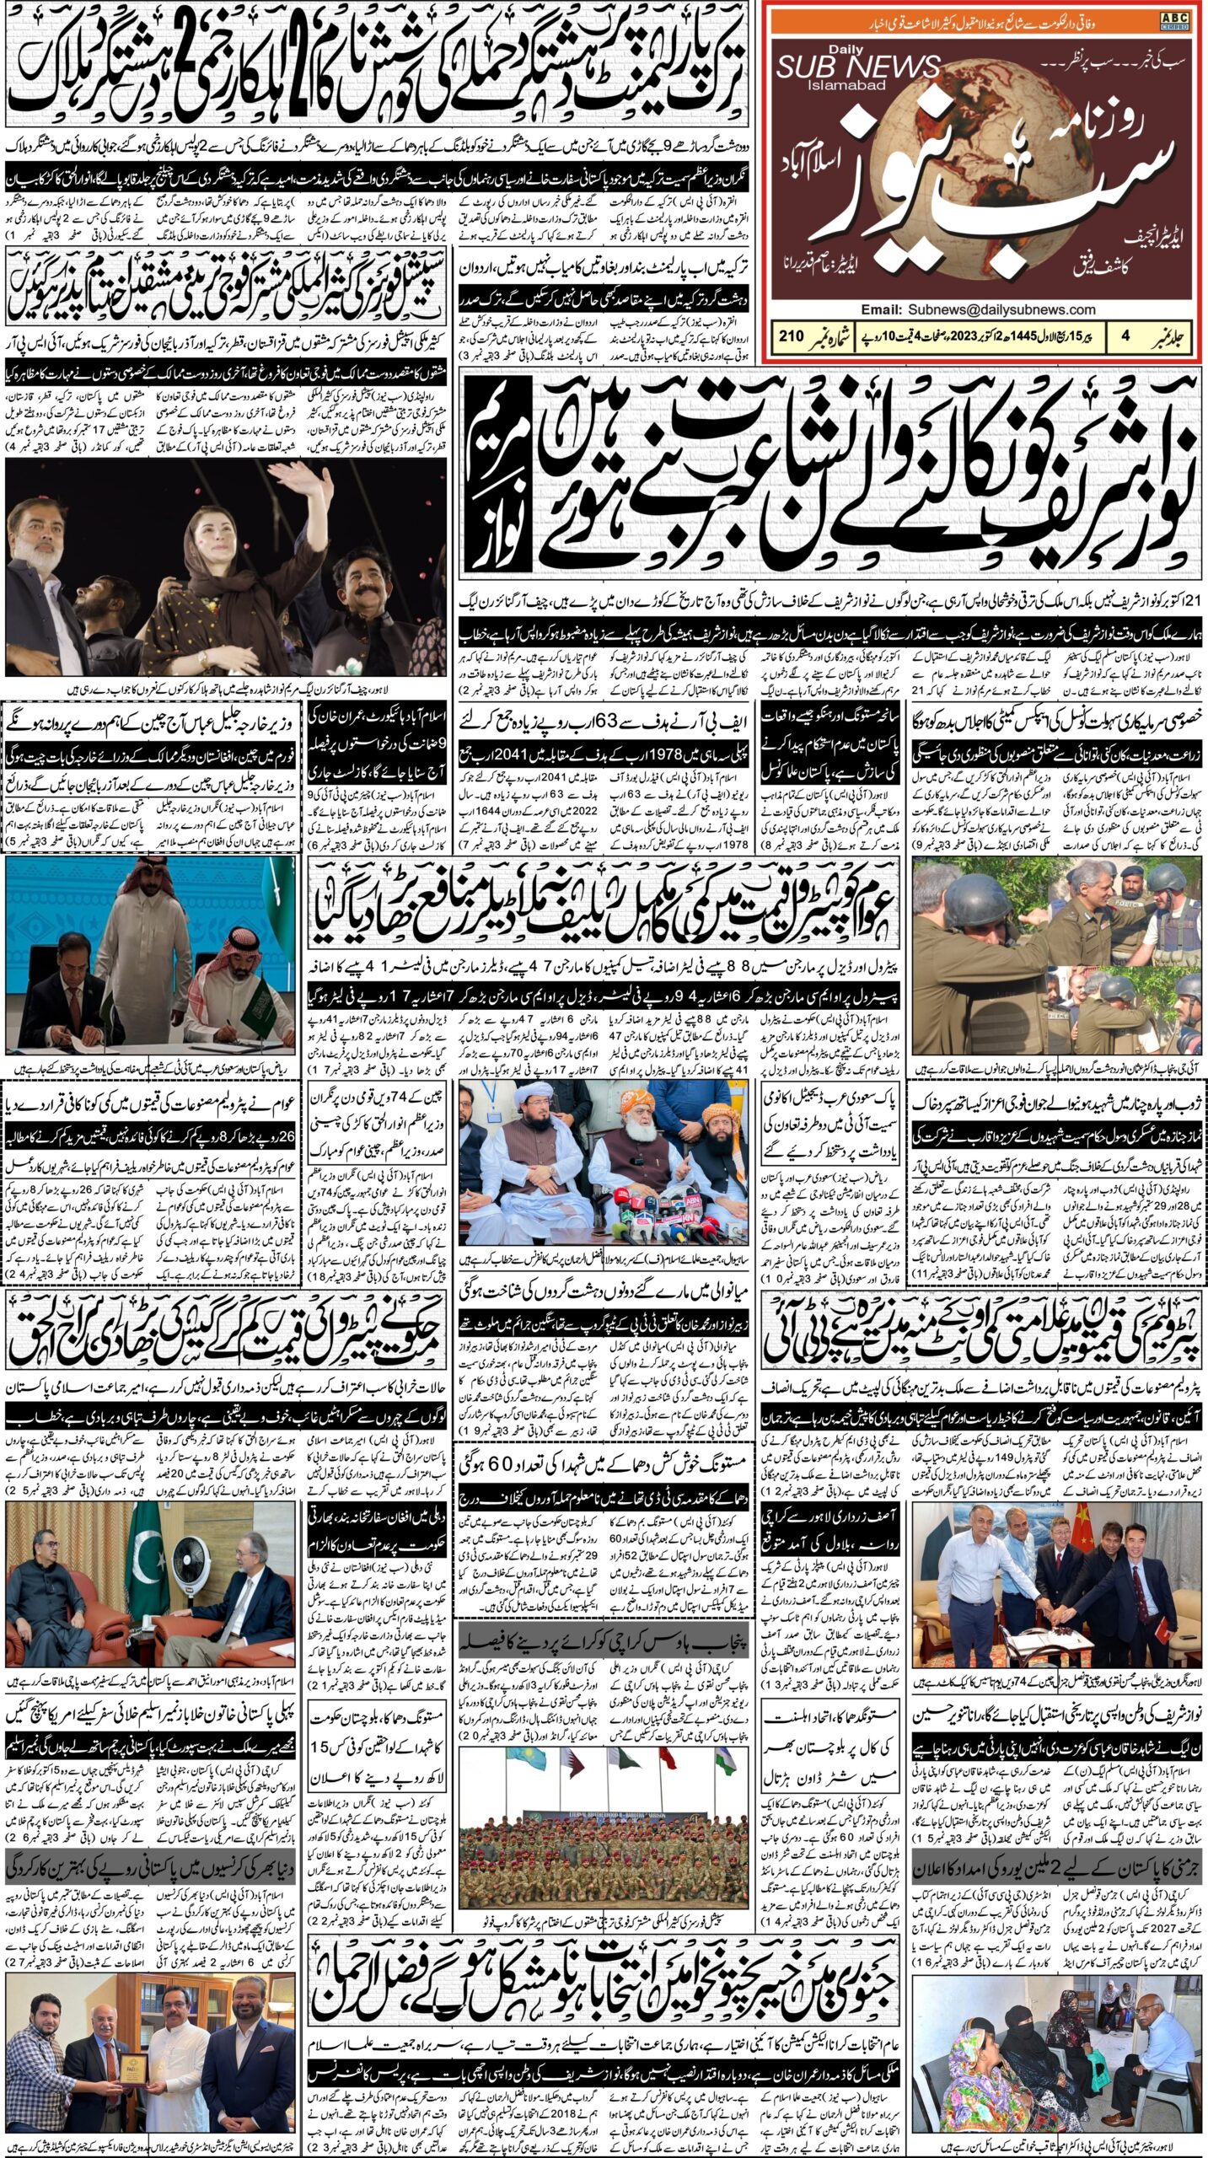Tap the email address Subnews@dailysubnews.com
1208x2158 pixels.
pos(1002,309)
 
